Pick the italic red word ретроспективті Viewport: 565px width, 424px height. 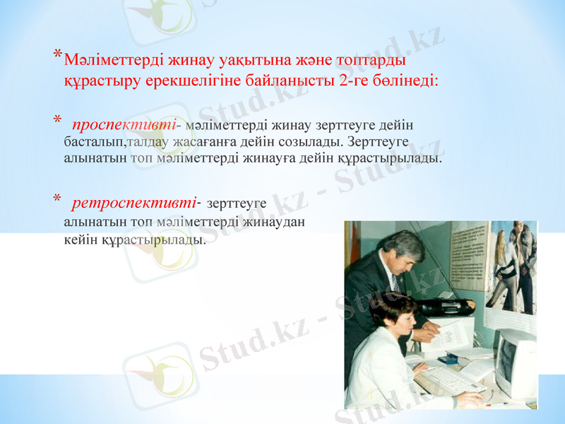point(134,203)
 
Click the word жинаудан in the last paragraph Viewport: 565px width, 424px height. point(279,221)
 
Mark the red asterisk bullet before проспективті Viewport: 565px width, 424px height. point(57,121)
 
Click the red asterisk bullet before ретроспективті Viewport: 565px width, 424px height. point(57,199)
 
